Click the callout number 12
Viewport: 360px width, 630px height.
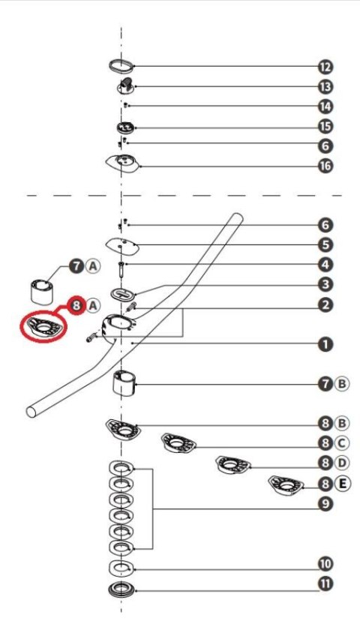point(325,67)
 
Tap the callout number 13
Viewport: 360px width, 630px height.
point(325,86)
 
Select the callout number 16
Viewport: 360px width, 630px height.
point(325,166)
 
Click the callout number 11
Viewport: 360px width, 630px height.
point(325,583)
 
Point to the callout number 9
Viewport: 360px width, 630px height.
point(325,504)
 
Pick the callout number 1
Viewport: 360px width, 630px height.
point(325,344)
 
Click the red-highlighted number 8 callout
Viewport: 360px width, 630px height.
point(76,306)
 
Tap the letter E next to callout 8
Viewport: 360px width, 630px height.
point(342,483)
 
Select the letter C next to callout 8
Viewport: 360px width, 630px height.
point(342,443)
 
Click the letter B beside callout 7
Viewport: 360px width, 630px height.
point(342,384)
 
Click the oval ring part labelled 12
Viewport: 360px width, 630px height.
point(121,65)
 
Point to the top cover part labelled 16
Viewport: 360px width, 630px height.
point(123,163)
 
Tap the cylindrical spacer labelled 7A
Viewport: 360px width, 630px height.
point(42,292)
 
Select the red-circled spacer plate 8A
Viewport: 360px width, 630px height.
point(43,327)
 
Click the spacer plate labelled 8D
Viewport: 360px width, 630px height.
point(232,465)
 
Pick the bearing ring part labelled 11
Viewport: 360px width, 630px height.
point(121,590)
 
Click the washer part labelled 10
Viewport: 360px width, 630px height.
point(121,568)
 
